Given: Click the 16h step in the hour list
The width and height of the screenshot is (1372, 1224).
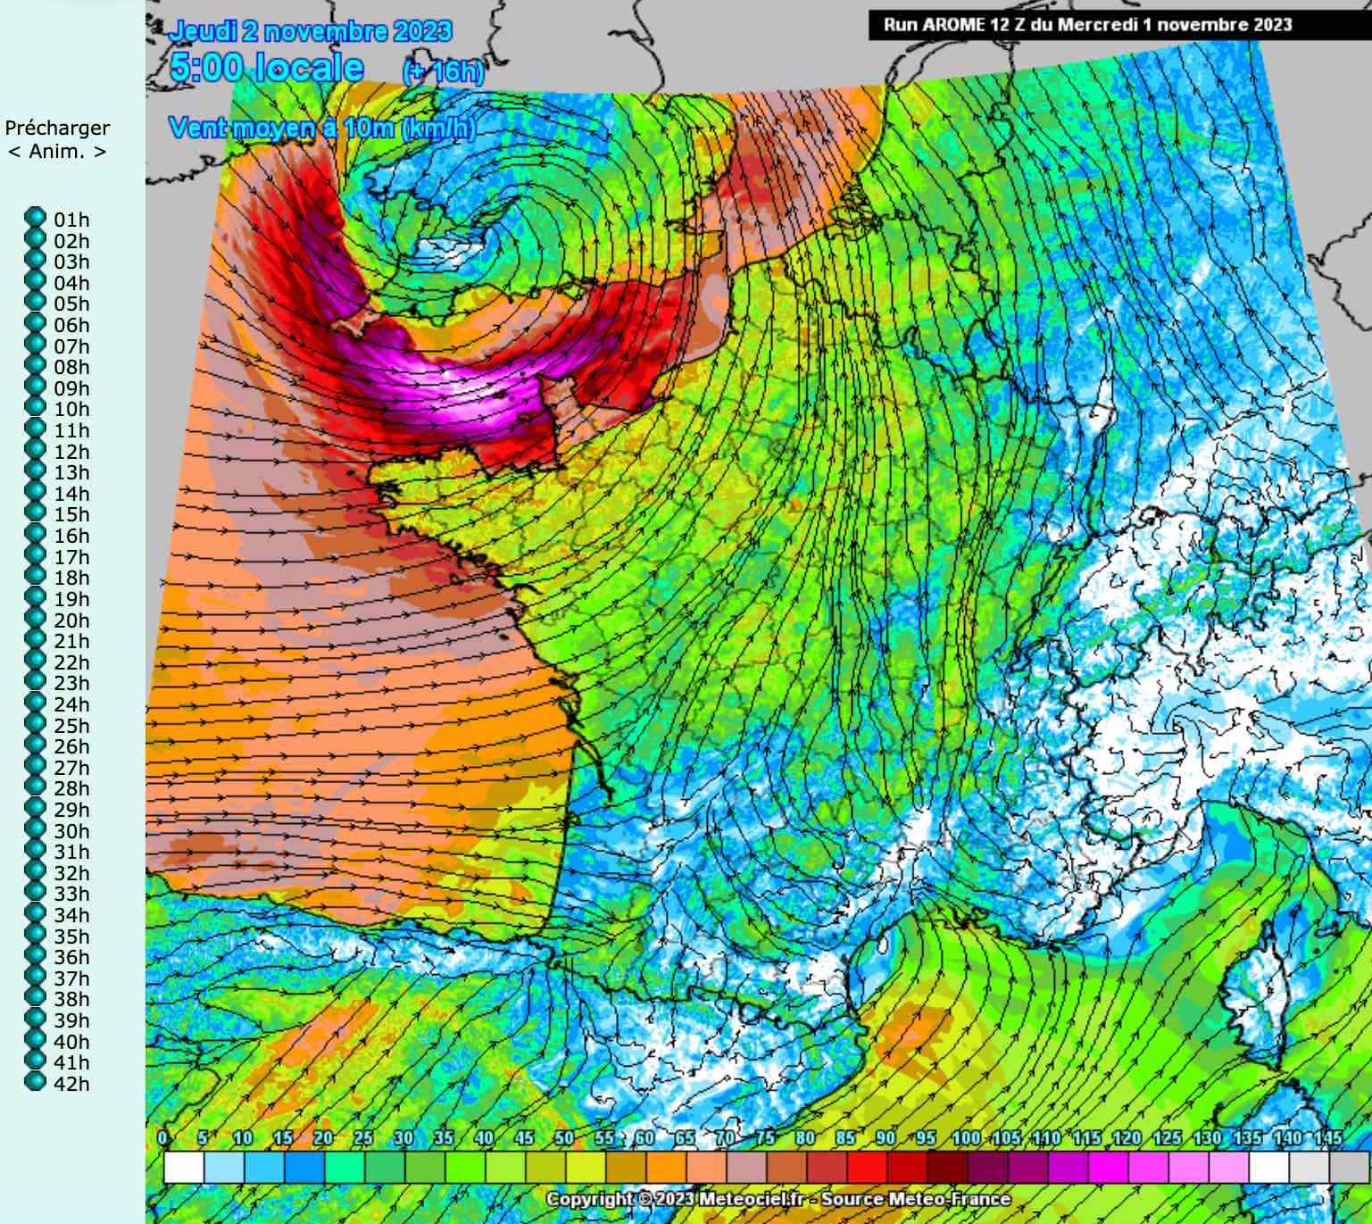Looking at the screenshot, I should click(71, 536).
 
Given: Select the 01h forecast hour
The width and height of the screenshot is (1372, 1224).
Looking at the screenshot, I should click(71, 220).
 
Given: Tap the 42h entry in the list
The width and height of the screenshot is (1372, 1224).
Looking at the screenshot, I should click(71, 1084).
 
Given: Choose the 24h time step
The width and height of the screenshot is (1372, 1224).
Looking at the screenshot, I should click(71, 704).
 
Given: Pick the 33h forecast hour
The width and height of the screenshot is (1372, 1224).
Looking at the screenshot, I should click(71, 894).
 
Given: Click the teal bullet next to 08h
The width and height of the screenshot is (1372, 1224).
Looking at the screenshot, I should click(35, 367).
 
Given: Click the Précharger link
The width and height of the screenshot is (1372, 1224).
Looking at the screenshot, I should click(57, 128).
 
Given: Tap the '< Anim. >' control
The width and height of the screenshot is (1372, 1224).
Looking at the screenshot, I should click(57, 151).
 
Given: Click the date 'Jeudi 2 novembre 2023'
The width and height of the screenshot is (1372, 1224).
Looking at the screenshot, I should click(311, 32).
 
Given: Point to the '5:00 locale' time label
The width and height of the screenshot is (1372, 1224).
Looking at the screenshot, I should click(266, 68).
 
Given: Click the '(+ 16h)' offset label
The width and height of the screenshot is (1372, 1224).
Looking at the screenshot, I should click(443, 71).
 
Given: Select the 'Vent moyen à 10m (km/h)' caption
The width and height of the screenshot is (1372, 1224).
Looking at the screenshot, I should click(321, 129).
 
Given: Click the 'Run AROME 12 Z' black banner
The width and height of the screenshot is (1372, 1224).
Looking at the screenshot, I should click(1087, 25).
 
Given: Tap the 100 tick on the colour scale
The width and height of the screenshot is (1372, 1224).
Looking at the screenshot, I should click(967, 1138).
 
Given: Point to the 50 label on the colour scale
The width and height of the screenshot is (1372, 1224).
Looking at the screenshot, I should click(563, 1138).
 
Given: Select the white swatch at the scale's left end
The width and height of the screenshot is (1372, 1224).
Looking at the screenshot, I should click(183, 1166).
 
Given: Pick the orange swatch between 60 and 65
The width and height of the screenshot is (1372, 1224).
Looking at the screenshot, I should click(665, 1166).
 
